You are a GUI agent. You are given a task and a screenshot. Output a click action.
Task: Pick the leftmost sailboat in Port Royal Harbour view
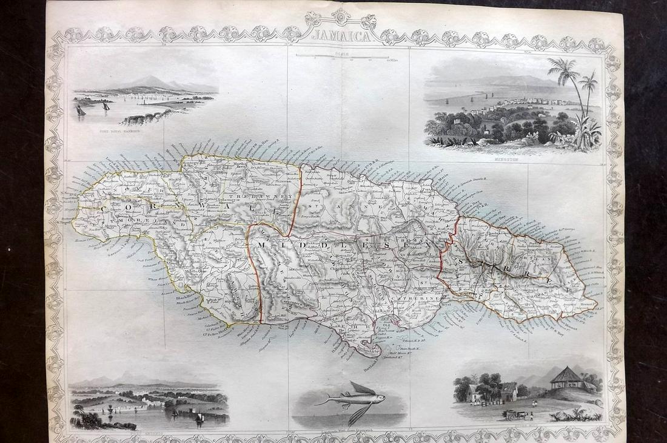(81, 110)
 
